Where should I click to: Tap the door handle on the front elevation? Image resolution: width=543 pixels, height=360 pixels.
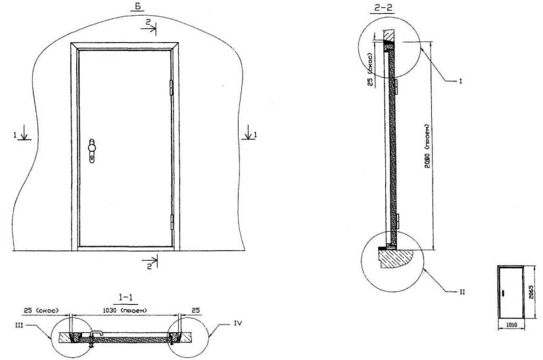point(92,150)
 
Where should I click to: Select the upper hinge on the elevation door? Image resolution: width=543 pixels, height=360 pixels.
point(171,87)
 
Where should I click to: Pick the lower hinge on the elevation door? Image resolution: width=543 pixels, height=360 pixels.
point(172,222)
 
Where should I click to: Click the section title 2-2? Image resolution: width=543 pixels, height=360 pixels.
point(384,8)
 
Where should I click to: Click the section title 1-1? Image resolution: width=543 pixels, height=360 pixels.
point(127,297)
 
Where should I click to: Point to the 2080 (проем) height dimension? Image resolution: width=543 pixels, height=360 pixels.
point(428,146)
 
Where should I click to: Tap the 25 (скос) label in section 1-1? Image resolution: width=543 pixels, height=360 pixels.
point(41,311)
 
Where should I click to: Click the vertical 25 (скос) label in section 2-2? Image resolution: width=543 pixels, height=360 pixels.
point(371,70)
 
